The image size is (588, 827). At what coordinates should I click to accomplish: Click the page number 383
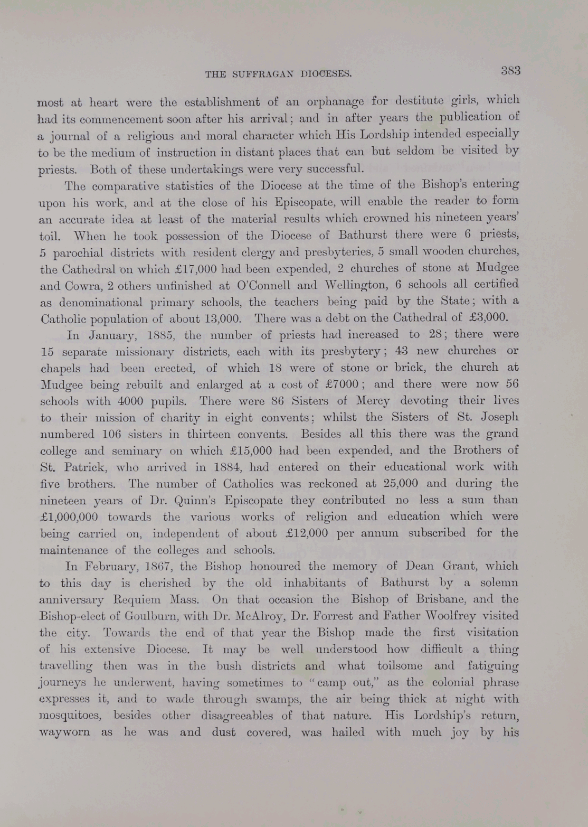point(510,71)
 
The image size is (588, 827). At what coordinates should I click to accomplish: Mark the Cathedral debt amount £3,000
point(488,317)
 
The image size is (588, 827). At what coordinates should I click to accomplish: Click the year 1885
point(158,335)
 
